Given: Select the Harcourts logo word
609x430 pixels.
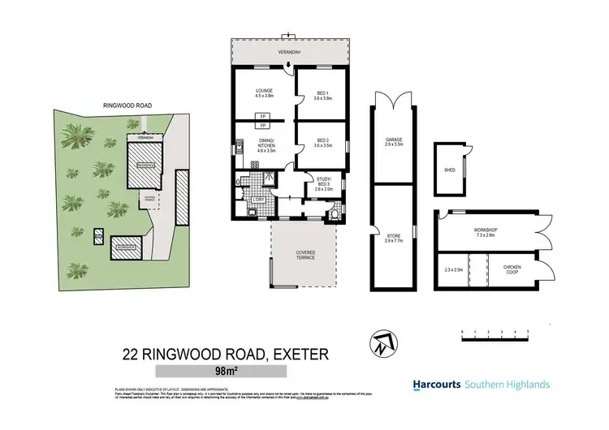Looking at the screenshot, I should coord(438,385).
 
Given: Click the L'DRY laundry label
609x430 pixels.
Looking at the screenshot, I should coord(259,200).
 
